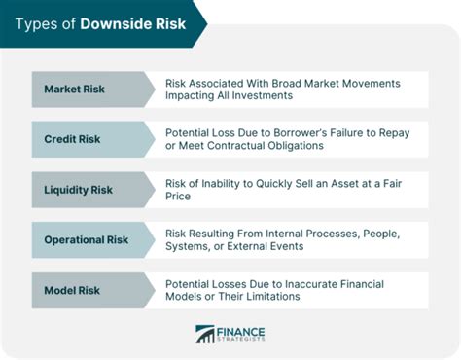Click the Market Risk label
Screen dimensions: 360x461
click(74, 90)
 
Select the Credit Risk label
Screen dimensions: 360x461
click(72, 138)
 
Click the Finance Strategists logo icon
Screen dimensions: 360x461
click(205, 335)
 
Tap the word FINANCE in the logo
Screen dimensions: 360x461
click(239, 330)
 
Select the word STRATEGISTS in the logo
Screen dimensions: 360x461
click(242, 341)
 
